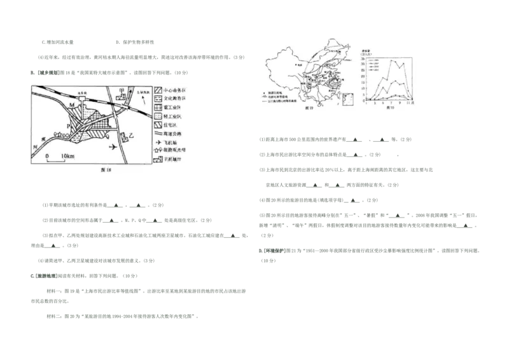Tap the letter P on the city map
69,127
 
